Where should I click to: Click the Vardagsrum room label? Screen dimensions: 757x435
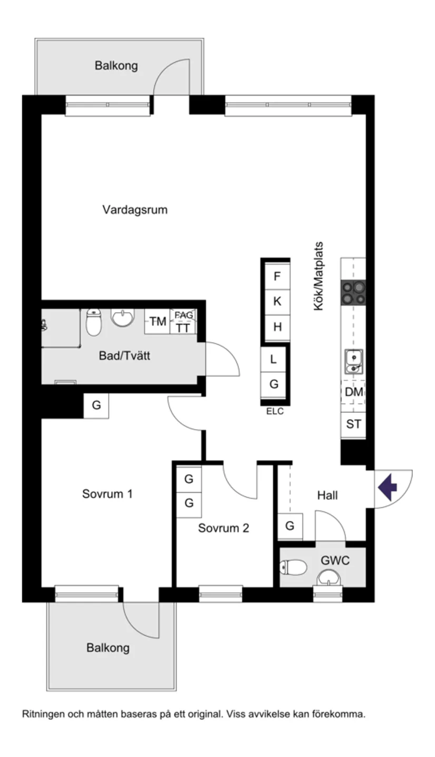[134, 210]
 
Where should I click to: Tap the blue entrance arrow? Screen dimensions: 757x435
[388, 487]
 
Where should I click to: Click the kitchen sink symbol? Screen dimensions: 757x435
[353, 362]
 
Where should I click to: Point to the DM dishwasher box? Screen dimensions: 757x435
[353, 392]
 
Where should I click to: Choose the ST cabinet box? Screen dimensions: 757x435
[353, 423]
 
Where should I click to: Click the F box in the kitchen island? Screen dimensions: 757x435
[277, 276]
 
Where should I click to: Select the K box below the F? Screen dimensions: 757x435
[277, 302]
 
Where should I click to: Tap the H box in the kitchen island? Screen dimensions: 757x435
[277, 327]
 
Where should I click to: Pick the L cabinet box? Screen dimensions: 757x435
[273, 360]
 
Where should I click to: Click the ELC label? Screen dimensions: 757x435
[275, 412]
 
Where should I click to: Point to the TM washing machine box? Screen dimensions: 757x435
[157, 321]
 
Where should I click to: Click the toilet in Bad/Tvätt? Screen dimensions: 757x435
[93, 322]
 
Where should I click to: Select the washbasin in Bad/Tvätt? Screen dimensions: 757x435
[123, 317]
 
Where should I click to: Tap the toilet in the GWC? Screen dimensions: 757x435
[294, 567]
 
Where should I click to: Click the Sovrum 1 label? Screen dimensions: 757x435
[107, 494]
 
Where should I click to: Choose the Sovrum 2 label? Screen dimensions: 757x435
[223, 528]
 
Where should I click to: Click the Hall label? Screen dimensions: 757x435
[327, 496]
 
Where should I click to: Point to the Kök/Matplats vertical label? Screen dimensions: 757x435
[318, 276]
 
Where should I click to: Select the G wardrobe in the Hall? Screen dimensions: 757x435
[289, 526]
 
